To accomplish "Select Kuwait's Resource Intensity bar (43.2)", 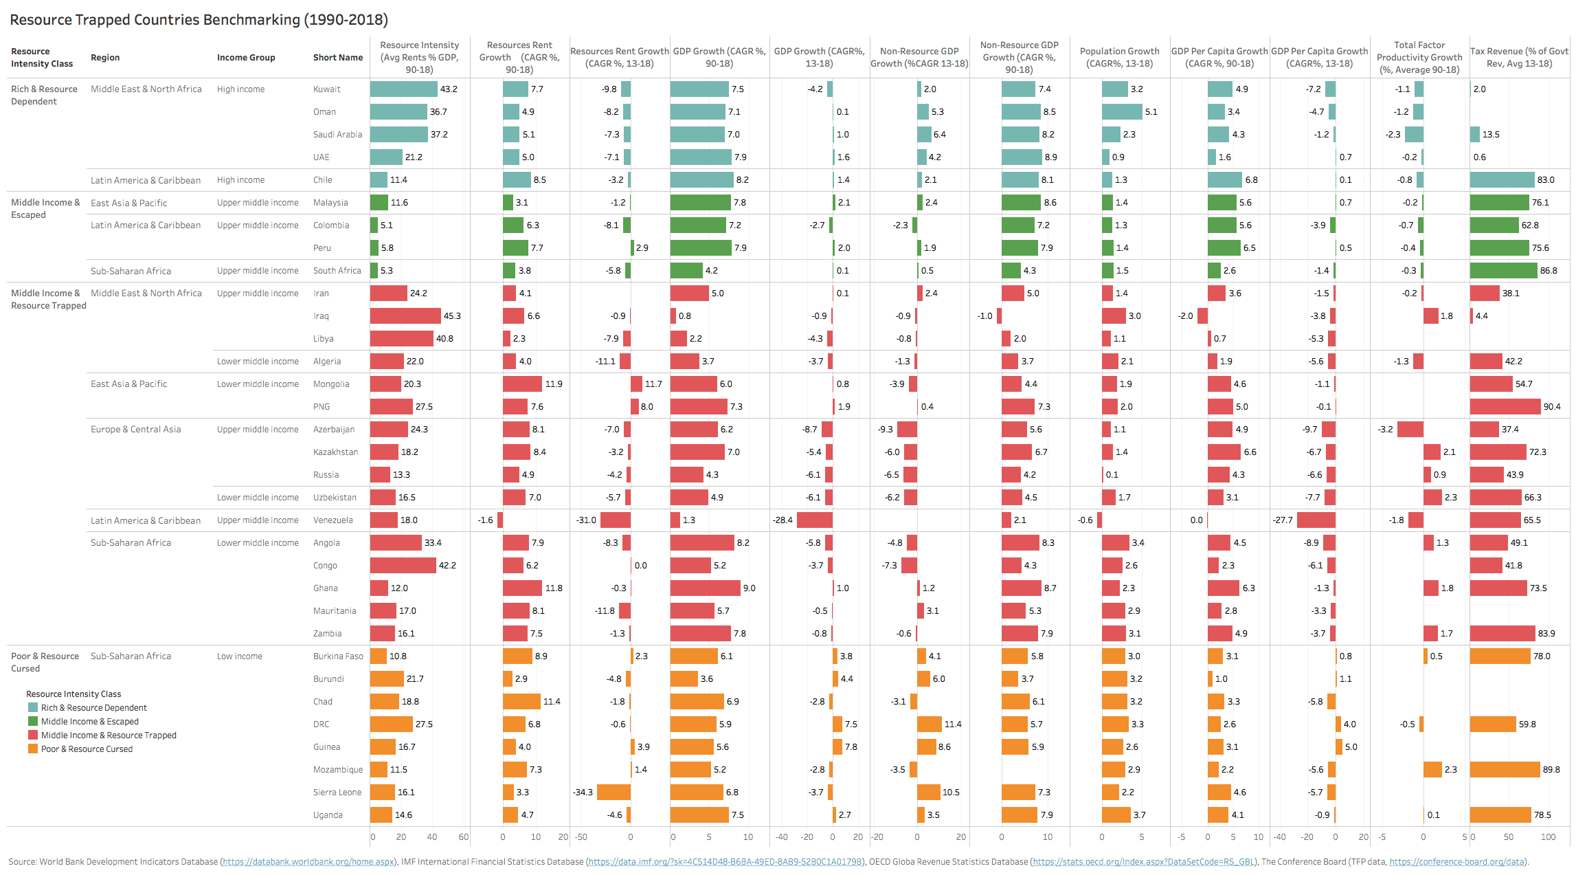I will coord(403,89).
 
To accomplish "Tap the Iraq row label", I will coord(321,316).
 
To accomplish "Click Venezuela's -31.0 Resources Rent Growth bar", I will coord(616,520).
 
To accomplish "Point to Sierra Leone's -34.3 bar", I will coord(613,793).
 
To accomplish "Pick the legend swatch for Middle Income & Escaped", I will coord(33,722).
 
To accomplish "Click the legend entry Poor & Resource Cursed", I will coord(87,749).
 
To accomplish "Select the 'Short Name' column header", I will coord(337,58).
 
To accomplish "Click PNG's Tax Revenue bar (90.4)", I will coord(1505,407).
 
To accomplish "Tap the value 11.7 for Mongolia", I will coord(653,384).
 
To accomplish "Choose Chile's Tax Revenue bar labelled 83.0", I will coord(1502,180).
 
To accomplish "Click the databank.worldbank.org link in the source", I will coord(308,862).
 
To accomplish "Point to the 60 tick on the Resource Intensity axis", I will coord(464,837).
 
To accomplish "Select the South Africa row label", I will coord(337,271).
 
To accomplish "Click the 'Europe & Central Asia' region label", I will coord(136,430).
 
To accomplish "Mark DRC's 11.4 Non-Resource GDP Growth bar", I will coord(929,724).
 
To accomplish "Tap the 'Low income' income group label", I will coord(239,656).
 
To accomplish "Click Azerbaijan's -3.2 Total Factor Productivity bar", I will coord(1410,430).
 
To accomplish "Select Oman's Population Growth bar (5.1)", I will coord(1121,112).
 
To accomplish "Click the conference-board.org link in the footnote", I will coord(1456,862).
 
